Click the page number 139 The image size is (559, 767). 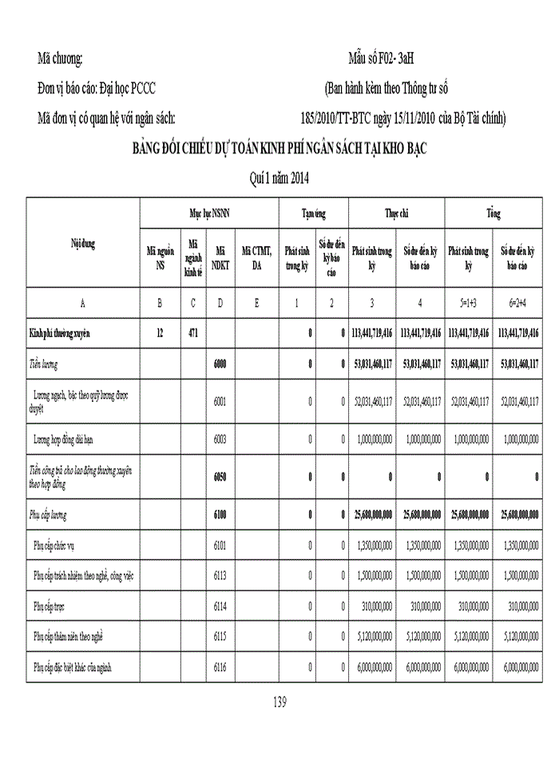point(279,702)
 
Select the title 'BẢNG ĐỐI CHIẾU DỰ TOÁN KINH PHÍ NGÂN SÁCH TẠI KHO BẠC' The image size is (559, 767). point(279,150)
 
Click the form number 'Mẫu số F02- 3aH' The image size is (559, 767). point(381,60)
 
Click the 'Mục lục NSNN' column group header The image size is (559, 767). point(209,215)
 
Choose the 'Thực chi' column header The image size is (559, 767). point(396,215)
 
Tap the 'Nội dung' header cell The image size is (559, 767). point(83,244)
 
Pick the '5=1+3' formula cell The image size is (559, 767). point(468,304)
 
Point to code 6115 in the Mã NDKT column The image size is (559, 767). point(220,637)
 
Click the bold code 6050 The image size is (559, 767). point(220,477)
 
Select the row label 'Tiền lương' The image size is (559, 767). point(46,364)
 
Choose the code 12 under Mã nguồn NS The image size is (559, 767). point(161,333)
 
